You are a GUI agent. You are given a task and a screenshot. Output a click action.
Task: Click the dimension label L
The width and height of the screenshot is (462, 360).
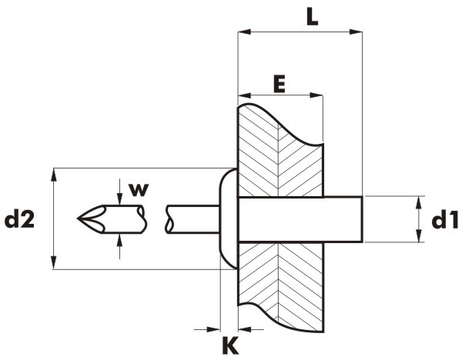point(312,16)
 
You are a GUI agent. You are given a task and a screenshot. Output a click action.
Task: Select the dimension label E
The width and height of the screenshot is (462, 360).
point(279,84)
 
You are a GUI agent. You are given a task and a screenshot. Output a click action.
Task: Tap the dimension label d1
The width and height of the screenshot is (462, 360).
point(445,220)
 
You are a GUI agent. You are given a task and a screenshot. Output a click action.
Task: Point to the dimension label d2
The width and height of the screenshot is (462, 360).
point(19,219)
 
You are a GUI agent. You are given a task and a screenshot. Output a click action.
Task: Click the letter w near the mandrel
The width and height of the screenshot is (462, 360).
point(139,190)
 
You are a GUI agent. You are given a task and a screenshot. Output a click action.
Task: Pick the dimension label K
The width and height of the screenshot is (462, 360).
point(230,345)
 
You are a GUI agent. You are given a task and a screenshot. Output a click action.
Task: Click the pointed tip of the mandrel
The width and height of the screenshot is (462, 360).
point(78,218)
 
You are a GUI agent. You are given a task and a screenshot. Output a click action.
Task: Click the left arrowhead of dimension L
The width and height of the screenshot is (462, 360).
point(244,32)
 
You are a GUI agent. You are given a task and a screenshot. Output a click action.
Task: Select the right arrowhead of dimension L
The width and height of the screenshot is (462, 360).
point(356,32)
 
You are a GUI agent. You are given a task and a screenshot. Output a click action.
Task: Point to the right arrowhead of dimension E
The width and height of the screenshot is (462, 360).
point(316,95)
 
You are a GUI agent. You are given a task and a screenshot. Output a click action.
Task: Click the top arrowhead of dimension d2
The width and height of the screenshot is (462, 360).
point(53,175)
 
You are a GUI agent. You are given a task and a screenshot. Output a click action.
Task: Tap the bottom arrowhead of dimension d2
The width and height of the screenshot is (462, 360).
point(53,262)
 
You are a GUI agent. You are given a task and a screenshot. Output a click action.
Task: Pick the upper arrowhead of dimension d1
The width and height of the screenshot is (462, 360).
point(418,202)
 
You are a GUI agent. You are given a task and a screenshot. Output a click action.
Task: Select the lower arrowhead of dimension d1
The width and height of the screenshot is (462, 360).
point(418,236)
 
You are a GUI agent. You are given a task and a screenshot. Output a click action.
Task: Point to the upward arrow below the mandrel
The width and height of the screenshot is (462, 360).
point(119,246)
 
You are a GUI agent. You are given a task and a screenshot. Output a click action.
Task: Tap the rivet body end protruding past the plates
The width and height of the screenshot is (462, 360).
point(343,219)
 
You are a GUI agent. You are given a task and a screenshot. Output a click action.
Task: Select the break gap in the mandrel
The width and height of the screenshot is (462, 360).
point(156,219)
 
